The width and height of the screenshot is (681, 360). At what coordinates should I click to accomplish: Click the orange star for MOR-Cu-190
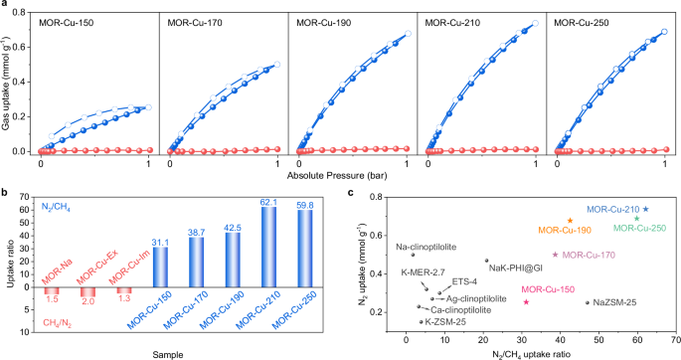570,221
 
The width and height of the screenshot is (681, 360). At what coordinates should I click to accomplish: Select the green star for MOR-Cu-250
637,219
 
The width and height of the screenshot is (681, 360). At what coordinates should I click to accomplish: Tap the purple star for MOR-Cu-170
555,255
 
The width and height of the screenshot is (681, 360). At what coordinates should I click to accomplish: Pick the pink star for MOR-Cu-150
526,301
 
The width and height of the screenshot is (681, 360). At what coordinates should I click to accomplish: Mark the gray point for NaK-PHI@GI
486,261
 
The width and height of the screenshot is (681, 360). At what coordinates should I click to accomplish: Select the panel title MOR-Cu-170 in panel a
196,21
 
